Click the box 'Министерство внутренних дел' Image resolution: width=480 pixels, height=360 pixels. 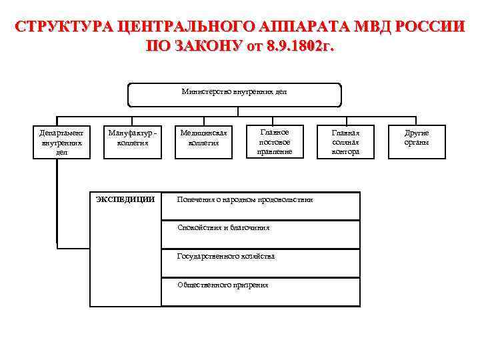[x=234, y=94]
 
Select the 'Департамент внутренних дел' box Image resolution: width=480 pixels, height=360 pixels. [x=61, y=142]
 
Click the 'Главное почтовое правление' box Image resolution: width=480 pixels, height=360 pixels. [x=274, y=142]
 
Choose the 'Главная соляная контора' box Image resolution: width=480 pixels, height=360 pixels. [x=345, y=142]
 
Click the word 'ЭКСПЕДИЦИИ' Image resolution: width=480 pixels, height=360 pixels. [x=125, y=199]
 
